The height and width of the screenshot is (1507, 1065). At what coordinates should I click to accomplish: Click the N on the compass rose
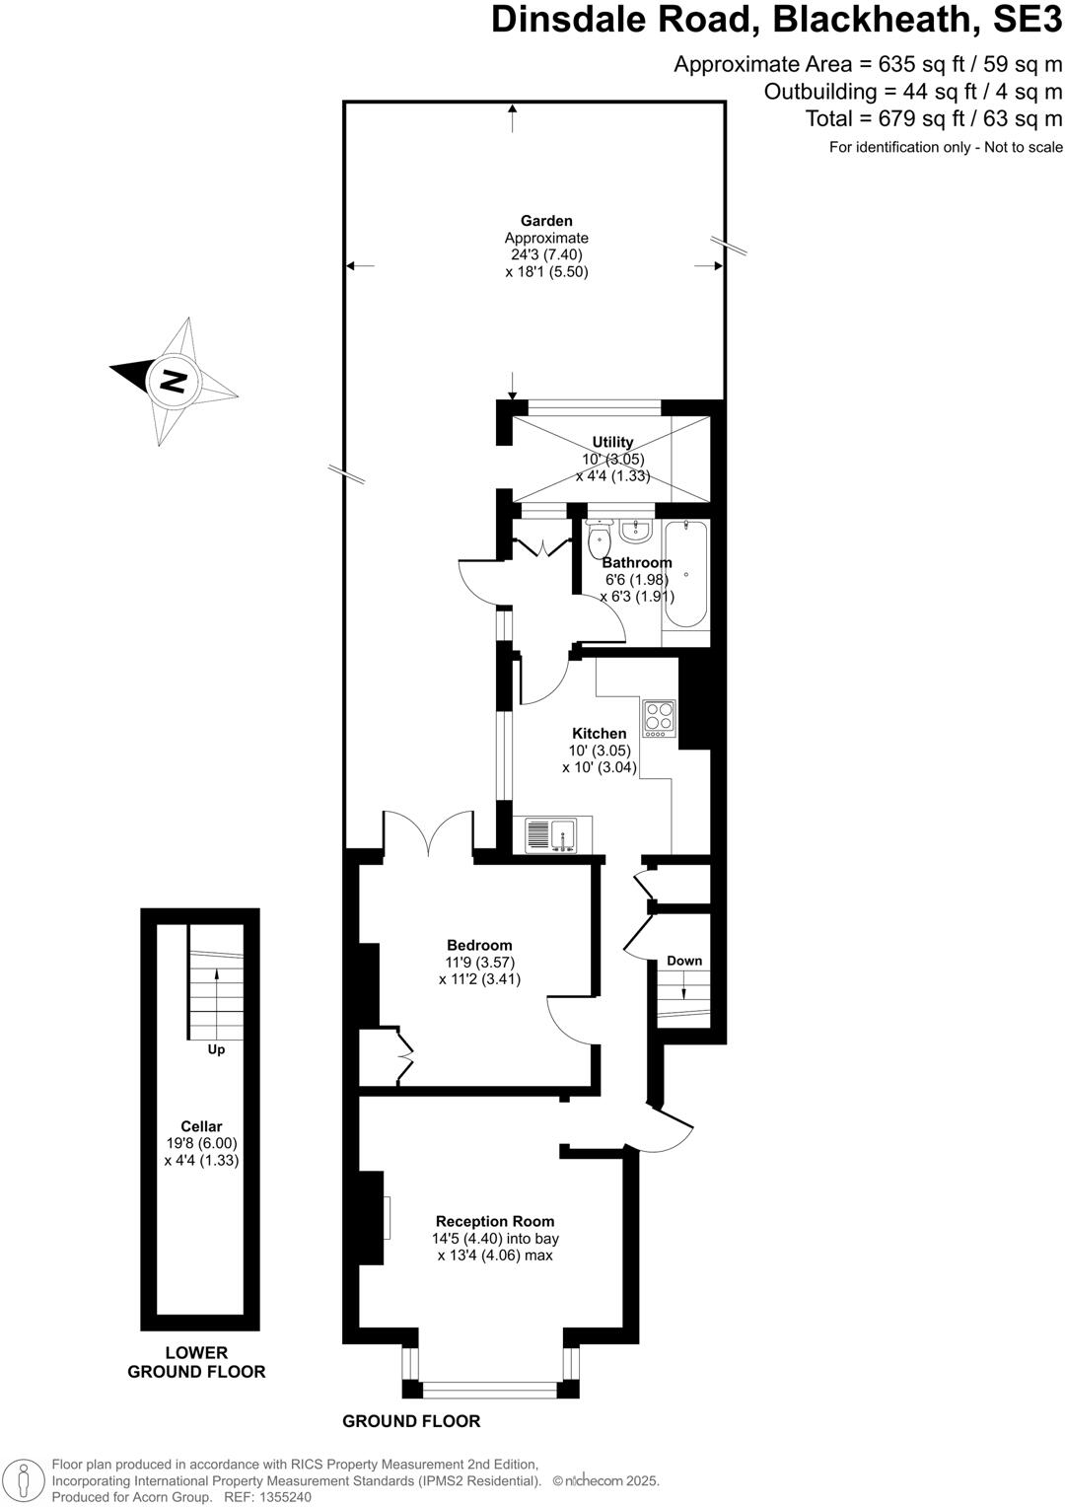click(x=174, y=381)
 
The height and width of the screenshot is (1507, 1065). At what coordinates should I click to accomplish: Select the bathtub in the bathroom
click(x=685, y=574)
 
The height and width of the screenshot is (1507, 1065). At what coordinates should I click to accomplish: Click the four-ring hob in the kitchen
click(x=659, y=718)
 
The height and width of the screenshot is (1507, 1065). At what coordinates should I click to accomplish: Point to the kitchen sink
click(x=550, y=835)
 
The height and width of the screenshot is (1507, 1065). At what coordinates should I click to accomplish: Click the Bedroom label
click(x=479, y=945)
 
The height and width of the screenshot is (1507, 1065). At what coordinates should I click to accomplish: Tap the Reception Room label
click(x=495, y=1221)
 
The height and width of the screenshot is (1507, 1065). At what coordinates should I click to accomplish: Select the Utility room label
click(x=612, y=442)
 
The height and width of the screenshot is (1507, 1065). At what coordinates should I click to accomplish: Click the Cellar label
click(x=201, y=1126)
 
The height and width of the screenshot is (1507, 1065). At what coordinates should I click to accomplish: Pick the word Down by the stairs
click(x=684, y=961)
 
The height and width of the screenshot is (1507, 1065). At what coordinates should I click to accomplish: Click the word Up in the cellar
click(x=216, y=1049)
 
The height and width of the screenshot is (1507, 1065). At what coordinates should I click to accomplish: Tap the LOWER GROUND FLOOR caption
click(x=196, y=1362)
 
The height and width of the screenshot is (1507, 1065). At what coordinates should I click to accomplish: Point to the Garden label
click(x=546, y=221)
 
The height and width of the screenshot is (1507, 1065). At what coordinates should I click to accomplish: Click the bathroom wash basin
click(x=636, y=531)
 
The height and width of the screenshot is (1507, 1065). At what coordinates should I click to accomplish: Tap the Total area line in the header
click(x=934, y=119)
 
